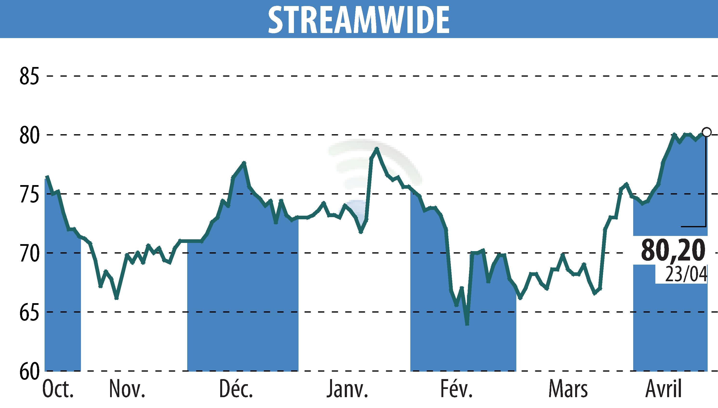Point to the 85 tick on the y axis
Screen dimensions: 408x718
click(x=29, y=76)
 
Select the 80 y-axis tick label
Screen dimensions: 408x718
click(x=29, y=135)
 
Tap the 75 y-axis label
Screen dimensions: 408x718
click(x=29, y=194)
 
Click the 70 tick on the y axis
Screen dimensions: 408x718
click(x=29, y=253)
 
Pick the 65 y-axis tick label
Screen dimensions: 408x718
click(x=29, y=312)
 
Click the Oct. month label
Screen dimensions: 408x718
click(x=58, y=389)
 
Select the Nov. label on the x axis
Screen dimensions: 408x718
click(x=127, y=389)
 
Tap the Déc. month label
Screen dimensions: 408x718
click(x=236, y=389)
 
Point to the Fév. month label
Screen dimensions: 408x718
click(x=457, y=389)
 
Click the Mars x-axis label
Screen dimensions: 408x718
click(x=568, y=389)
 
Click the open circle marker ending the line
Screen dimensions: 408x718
click(x=706, y=132)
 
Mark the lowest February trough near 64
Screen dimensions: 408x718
click(x=467, y=324)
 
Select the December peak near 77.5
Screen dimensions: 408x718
click(x=244, y=163)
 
